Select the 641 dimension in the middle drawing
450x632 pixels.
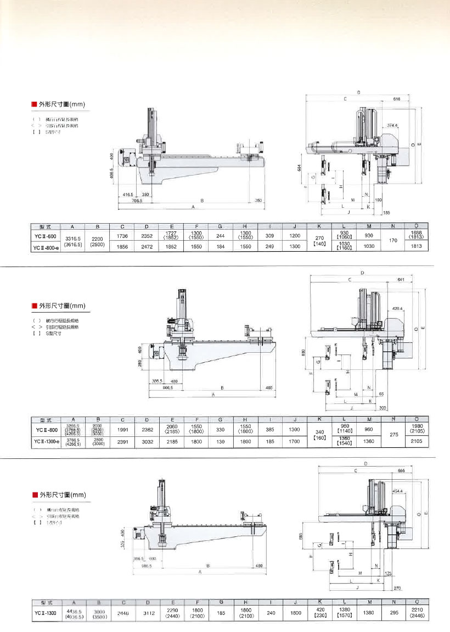coord(401,280)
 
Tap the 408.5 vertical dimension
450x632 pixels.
coord(111,174)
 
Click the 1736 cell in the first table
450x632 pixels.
coord(122,236)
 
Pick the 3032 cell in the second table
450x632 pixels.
coord(147,441)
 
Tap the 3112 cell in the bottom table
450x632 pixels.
coord(147,614)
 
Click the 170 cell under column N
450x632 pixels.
coord(392,240)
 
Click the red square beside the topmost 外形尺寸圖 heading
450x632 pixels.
coord(33,104)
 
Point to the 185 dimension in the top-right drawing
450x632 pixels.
coord(386,212)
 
